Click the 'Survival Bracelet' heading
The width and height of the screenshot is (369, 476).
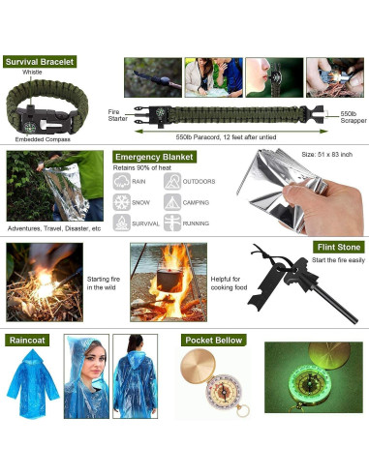pos(38,62)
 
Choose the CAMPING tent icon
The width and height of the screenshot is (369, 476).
pos(170,202)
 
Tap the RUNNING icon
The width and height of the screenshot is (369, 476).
pos(170,223)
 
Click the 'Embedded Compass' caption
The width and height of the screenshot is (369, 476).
pos(42,137)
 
